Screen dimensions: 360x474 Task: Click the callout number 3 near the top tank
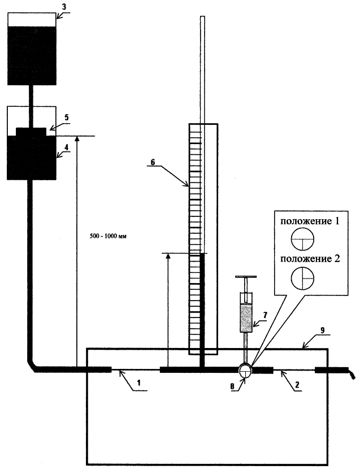tap(64, 7)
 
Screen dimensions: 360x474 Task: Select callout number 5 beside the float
tap(67, 117)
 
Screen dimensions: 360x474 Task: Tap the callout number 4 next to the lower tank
tap(67, 147)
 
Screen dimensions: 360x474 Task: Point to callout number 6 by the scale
tap(153, 162)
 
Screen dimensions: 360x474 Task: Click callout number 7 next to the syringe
tap(265, 315)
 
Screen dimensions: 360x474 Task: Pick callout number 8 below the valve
tap(232, 386)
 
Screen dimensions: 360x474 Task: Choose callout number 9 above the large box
tap(323, 330)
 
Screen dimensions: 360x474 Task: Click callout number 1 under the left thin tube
tap(139, 382)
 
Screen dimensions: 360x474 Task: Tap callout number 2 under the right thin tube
tap(297, 384)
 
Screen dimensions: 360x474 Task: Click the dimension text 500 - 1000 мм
tap(108, 236)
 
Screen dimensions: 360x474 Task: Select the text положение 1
tap(310, 221)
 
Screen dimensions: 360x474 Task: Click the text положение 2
tap(310, 259)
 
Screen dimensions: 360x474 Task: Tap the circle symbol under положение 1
tap(302, 239)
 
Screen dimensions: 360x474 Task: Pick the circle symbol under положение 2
tap(302, 278)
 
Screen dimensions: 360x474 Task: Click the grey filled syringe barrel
tap(246, 319)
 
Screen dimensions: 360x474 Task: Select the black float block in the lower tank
tap(32, 132)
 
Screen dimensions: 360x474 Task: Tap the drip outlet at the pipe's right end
tap(352, 375)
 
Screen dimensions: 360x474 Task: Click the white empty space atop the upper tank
tap(32, 20)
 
